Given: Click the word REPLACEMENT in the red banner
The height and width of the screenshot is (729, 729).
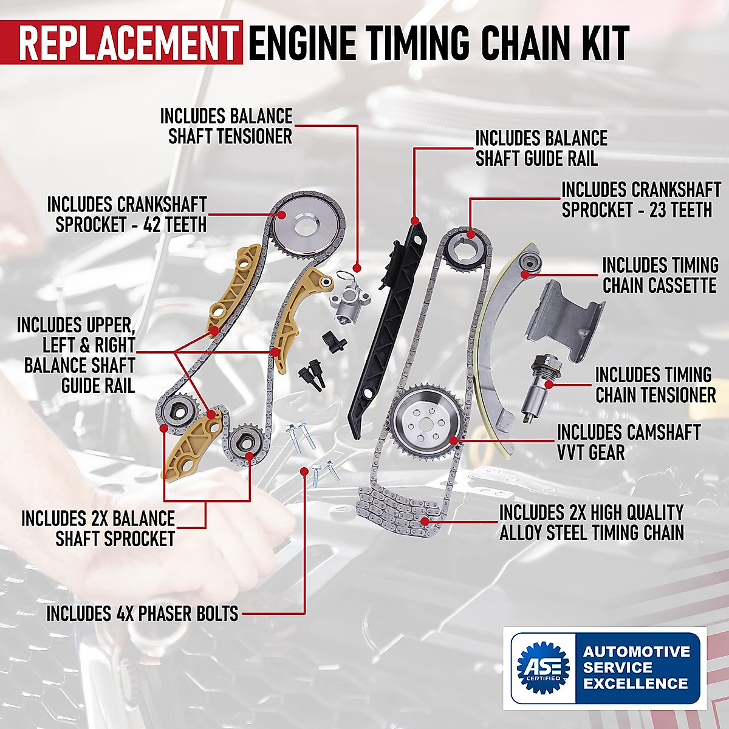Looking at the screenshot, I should pos(128,43).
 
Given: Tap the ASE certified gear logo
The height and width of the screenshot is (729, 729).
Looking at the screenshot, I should pos(542,667).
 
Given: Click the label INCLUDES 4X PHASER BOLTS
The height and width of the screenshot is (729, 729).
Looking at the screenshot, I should pos(142,614).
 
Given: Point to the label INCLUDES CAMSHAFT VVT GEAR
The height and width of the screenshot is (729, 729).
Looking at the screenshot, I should pos(628,442).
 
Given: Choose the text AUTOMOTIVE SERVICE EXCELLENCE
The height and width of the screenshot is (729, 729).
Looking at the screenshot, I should pos(635,667).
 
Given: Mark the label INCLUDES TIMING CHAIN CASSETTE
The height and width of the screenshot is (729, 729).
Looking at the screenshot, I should pos(660,275).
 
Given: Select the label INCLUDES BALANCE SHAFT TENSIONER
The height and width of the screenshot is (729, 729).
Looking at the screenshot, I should pos(226,126).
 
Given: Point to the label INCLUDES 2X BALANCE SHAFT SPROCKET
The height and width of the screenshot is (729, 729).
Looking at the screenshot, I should pos(98,528).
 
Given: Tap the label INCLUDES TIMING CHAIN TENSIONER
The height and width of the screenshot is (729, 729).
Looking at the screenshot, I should pos(655,385).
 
